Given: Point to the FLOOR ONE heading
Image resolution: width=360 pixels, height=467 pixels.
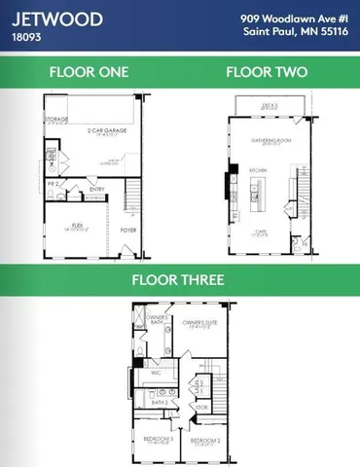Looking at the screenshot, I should (89, 72).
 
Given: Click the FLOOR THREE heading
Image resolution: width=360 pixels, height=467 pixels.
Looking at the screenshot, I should (178, 280).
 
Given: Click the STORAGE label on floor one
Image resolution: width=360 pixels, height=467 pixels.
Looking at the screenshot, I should (54, 120).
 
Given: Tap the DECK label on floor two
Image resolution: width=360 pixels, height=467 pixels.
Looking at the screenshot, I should (268, 103).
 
